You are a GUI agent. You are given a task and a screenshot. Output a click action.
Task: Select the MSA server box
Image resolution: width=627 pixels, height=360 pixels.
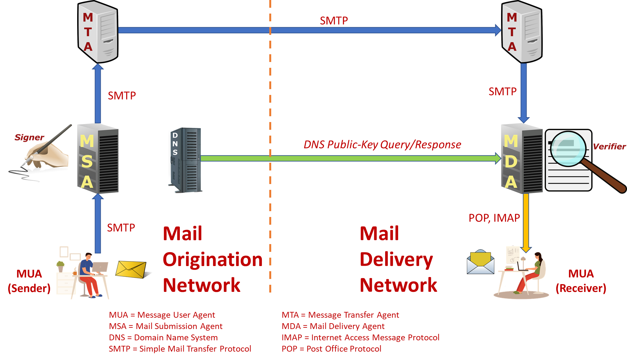coord(98,159)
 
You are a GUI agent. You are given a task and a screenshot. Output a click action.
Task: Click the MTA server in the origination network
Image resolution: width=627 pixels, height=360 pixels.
coord(98,32)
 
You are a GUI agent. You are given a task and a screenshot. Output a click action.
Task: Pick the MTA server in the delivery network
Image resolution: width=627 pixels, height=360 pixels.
coord(522,32)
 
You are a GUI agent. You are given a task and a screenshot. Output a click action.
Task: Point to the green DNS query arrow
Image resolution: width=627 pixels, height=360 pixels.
coord(350,158)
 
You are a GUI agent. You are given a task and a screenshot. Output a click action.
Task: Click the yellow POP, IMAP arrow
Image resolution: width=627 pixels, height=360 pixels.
coord(526,223)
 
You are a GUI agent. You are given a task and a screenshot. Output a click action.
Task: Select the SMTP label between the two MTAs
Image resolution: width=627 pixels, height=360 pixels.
coord(334,21)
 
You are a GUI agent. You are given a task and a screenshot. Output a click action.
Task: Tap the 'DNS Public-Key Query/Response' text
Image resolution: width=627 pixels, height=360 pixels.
coord(382,145)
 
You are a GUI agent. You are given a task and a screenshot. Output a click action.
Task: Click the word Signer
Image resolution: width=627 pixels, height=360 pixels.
coord(29,138)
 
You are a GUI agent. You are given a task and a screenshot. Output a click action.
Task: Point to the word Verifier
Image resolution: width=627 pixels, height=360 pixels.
coord(609,147)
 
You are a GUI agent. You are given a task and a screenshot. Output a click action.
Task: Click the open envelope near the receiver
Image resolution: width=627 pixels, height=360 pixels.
coord(480,262)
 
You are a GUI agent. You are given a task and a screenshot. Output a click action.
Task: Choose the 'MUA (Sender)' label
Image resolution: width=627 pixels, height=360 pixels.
coord(29,281)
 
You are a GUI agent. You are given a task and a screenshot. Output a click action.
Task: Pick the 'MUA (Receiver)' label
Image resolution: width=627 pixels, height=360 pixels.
coord(581,281)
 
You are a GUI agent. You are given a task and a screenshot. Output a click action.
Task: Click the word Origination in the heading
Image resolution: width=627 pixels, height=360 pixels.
coord(213,260)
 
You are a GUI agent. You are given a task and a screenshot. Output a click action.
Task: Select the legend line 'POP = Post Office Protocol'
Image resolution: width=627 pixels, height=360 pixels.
coord(331,349)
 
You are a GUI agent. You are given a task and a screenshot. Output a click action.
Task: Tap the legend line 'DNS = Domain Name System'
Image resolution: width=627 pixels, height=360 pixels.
coord(163,338)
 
